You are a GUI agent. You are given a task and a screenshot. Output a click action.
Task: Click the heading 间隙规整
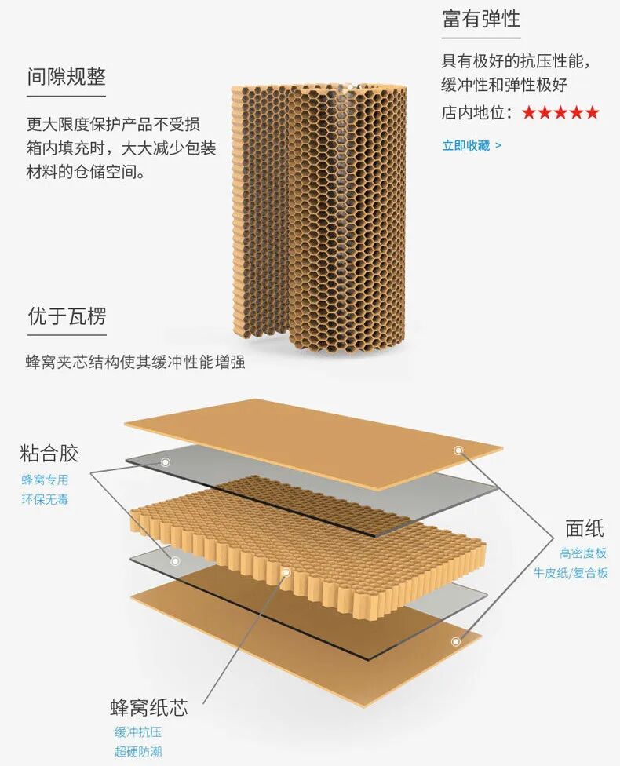pyautogui.click(x=66, y=77)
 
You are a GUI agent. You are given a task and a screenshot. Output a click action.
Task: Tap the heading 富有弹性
pyautogui.click(x=480, y=19)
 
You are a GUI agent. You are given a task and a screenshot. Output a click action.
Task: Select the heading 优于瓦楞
pyautogui.click(x=66, y=317)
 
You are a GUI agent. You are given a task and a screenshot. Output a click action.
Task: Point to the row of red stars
pyautogui.click(x=560, y=113)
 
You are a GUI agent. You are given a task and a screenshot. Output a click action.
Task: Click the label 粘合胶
pyautogui.click(x=49, y=454)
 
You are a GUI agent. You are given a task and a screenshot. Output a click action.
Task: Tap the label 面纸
pyautogui.click(x=585, y=527)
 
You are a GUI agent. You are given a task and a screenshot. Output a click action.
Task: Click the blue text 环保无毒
pyautogui.click(x=45, y=498)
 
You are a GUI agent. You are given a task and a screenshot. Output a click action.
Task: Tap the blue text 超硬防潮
pyautogui.click(x=138, y=752)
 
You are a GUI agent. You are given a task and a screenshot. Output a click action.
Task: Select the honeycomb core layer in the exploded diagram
pyautogui.click(x=306, y=542)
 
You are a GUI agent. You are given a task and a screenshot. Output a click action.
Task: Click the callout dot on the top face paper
pyautogui.click(x=458, y=450)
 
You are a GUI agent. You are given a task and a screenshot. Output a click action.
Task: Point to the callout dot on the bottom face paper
pyautogui.click(x=455, y=641)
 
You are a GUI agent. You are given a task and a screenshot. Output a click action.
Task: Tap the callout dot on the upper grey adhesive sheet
pyautogui.click(x=166, y=461)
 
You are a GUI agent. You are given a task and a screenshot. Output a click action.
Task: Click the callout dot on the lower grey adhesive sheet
pyautogui.click(x=176, y=561)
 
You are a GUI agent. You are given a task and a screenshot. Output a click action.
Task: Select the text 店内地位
pyautogui.click(x=477, y=113)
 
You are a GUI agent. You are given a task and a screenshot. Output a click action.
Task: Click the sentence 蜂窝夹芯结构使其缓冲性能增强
pyautogui.click(x=136, y=363)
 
